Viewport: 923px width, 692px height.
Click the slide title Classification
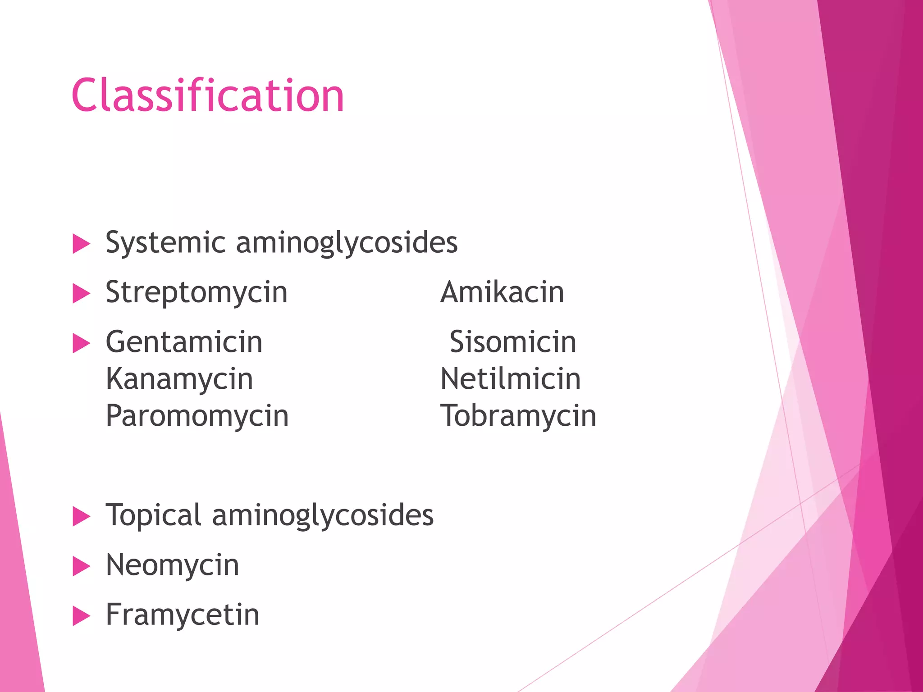[x=208, y=96]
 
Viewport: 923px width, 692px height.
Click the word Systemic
[x=165, y=243]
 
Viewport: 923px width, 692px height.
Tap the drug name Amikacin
[x=502, y=292]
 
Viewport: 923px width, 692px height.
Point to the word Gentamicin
[x=184, y=342]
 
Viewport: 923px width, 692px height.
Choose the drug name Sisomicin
[x=513, y=342]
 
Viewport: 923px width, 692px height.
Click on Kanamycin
[x=179, y=379]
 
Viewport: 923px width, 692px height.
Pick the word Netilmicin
[x=510, y=379]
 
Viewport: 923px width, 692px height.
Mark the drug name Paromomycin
[x=197, y=416]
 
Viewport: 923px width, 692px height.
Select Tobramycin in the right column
[x=518, y=416]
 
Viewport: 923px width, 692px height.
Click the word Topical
[x=153, y=516]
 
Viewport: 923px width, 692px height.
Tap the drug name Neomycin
[x=172, y=565]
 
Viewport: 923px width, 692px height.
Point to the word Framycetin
[x=183, y=615]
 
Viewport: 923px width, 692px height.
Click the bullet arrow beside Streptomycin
[x=82, y=294]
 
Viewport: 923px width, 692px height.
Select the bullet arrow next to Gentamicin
[x=82, y=343]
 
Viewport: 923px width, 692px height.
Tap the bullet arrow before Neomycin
[x=82, y=566]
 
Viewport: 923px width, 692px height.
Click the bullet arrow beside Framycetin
[x=82, y=616]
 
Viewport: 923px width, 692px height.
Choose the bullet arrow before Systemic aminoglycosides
[x=82, y=244]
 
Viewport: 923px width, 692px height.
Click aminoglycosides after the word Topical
[x=323, y=516]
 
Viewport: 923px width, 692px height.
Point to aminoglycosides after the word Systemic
[x=347, y=243]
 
